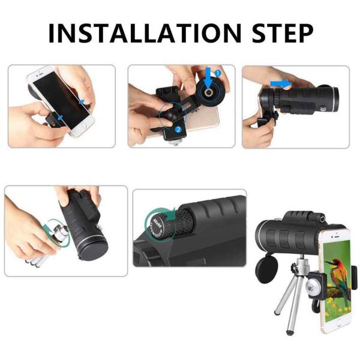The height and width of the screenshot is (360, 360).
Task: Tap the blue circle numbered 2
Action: [x=178, y=129]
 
